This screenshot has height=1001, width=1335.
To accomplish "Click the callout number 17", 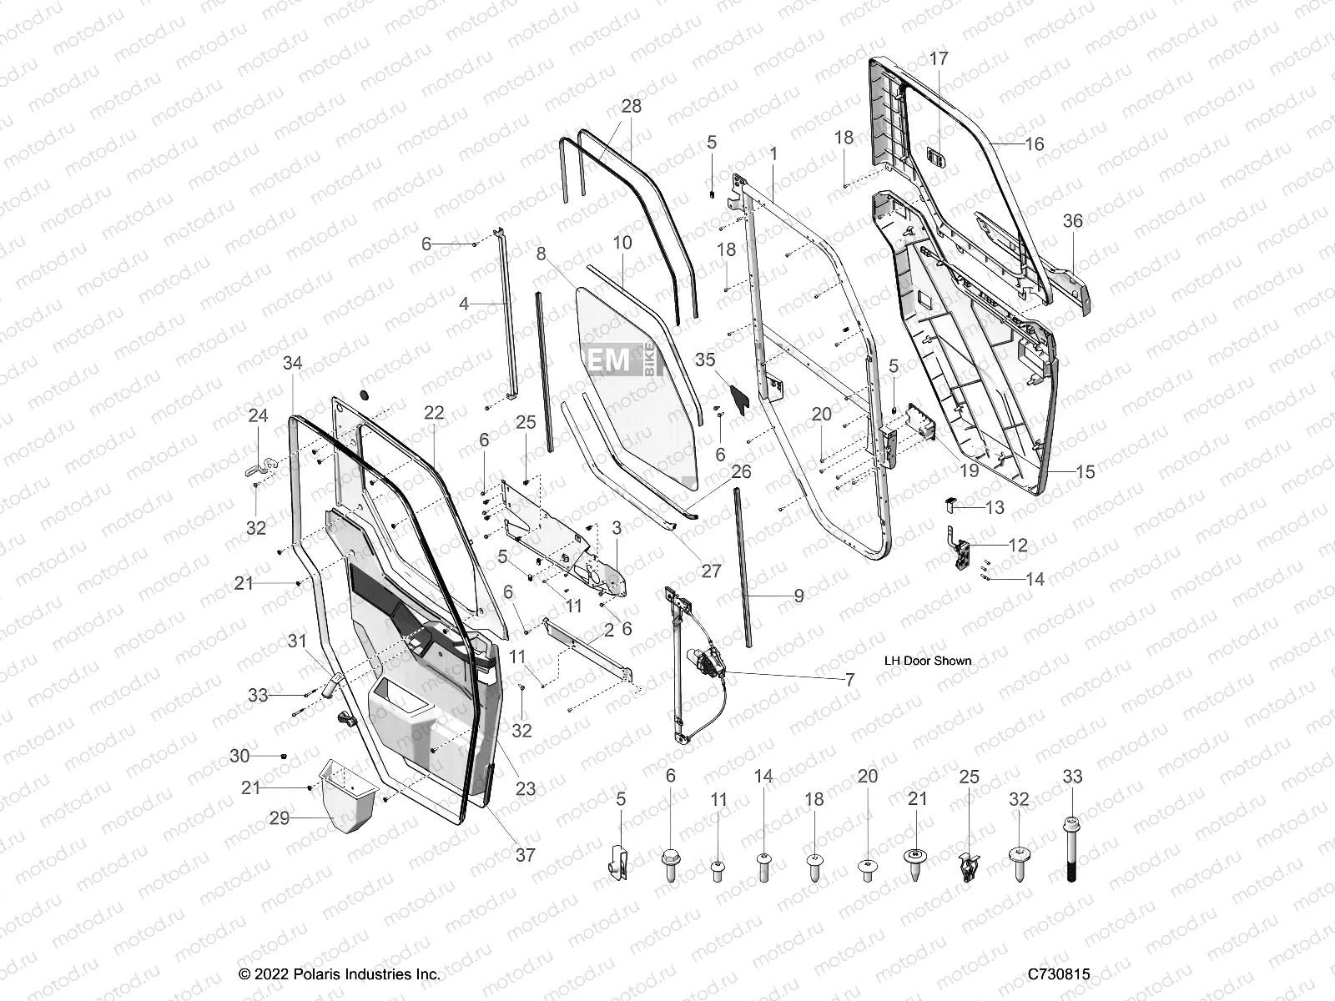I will tap(939, 58).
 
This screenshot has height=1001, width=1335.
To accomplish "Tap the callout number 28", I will tap(632, 106).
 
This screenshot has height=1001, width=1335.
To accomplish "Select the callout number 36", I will tap(1072, 220).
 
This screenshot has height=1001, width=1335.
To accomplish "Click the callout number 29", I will tap(279, 817).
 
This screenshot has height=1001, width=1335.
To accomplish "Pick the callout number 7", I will tap(849, 680).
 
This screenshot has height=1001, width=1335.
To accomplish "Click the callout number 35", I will tap(705, 360).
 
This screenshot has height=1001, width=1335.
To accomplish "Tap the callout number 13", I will tap(995, 507).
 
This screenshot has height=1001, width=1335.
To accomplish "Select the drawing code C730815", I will tap(1059, 974).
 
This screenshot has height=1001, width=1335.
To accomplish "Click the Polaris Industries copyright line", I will tap(340, 974).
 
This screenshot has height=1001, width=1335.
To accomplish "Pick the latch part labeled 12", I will tap(963, 552).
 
